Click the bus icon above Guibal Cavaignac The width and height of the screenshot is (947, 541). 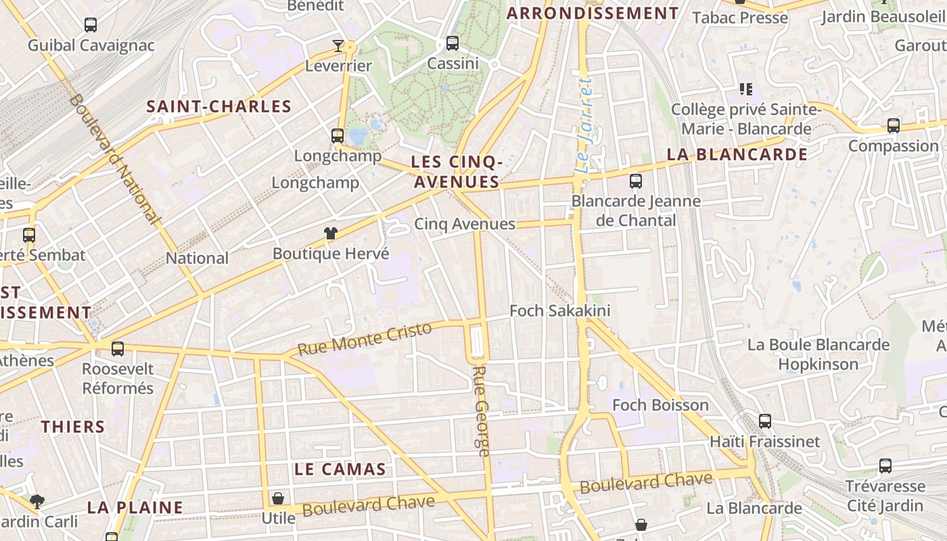pyautogui.click(x=91, y=25)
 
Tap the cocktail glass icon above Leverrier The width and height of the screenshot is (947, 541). pyautogui.click(x=338, y=46)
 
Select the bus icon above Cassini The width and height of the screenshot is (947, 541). pyautogui.click(x=453, y=43)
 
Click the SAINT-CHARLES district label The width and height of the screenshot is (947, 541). pyautogui.click(x=219, y=106)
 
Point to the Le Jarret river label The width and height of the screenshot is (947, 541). pyautogui.click(x=584, y=124)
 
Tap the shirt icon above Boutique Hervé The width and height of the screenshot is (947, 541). pyautogui.click(x=330, y=234)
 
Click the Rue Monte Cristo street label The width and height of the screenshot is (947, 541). pyautogui.click(x=365, y=339)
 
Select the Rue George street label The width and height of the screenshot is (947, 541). pyautogui.click(x=481, y=411)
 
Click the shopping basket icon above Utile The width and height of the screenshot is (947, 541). pyautogui.click(x=278, y=499)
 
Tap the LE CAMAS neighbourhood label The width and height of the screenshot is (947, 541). pyautogui.click(x=340, y=469)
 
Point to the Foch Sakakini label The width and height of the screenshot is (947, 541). pyautogui.click(x=560, y=310)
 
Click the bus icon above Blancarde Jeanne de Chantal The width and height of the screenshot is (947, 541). pyautogui.click(x=635, y=181)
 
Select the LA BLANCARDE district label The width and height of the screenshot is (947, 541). pyautogui.click(x=737, y=154)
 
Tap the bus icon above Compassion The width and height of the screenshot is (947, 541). pyautogui.click(x=893, y=126)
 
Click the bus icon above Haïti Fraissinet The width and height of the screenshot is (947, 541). pyautogui.click(x=765, y=421)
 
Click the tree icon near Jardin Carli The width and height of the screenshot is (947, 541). pyautogui.click(x=37, y=502)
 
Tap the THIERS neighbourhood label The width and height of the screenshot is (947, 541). pyautogui.click(x=73, y=427)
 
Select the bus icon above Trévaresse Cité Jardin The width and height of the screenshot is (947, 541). pyautogui.click(x=885, y=466)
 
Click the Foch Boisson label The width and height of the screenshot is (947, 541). pyautogui.click(x=660, y=405)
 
